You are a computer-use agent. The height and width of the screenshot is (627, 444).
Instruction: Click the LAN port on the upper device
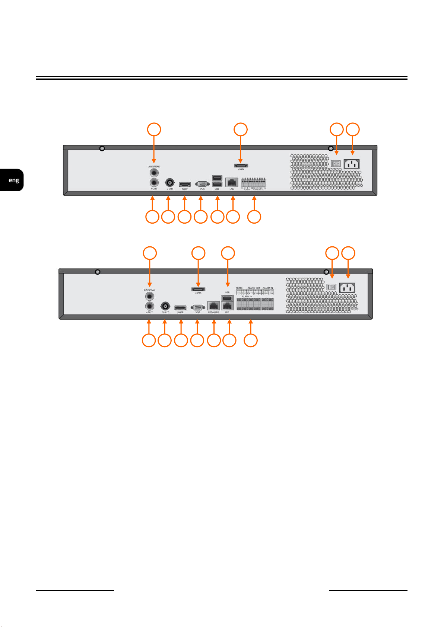point(232,183)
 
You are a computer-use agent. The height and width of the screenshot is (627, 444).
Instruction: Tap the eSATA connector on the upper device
point(241,165)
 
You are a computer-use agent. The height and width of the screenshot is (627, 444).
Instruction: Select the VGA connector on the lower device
point(197,307)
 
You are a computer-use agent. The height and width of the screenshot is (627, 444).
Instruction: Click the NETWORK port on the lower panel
point(213,306)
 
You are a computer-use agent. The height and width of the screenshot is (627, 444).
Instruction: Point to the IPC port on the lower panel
point(227,306)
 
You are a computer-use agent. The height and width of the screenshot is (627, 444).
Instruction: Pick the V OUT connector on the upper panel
point(169,183)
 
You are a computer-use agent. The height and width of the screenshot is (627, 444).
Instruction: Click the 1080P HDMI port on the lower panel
point(181,308)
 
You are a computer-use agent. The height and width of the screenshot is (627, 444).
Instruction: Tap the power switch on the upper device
point(336,163)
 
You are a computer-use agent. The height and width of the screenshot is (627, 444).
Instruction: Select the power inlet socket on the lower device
point(347,287)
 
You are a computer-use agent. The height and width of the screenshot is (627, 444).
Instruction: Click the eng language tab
point(13,180)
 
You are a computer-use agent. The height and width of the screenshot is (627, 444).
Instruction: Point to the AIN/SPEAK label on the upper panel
point(154,167)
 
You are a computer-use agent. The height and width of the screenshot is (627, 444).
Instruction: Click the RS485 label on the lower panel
point(239,288)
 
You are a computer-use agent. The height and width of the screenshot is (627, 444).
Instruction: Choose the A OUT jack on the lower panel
point(149,306)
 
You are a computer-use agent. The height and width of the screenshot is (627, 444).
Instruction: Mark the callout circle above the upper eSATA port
point(241,129)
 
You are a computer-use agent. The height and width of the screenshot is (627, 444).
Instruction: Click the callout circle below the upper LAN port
point(233,217)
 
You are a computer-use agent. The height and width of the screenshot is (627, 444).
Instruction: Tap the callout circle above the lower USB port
point(228,253)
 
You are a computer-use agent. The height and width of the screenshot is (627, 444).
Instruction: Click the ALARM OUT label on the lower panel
point(254,288)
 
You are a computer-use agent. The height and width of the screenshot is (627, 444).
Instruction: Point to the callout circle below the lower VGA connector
point(197,340)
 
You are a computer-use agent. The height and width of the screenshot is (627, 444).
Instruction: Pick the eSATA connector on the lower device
point(198,289)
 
